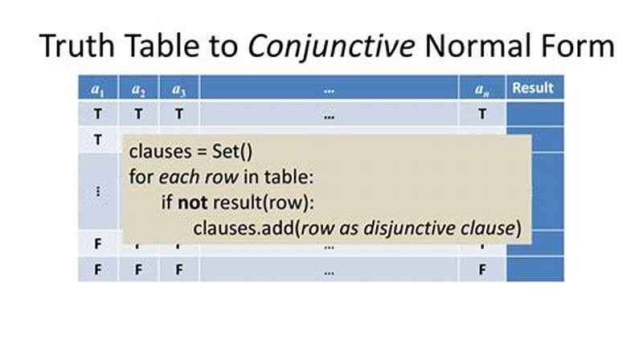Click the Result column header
tap(534, 88)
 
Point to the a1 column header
tap(97, 89)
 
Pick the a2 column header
tap(138, 89)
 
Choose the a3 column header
tap(178, 89)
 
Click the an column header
tap(482, 89)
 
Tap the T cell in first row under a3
tap(178, 114)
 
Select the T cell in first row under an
tap(482, 114)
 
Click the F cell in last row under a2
tap(138, 270)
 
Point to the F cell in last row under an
tap(482, 270)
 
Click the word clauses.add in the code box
tap(244, 227)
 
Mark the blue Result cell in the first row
tap(534, 114)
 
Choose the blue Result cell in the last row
tap(534, 270)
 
